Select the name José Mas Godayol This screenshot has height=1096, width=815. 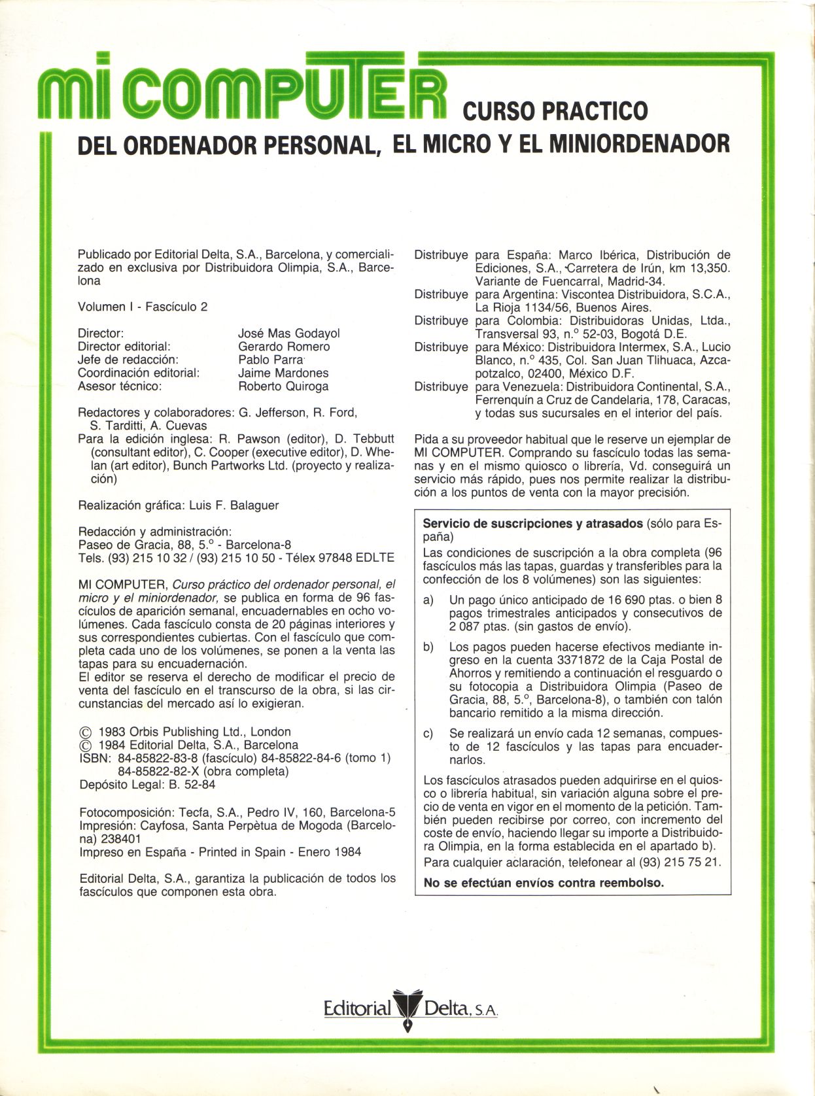288,334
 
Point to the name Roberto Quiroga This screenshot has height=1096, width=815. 283,386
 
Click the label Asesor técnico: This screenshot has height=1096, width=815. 120,386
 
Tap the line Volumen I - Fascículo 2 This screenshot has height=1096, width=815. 143,307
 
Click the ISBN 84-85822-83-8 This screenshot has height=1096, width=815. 158,759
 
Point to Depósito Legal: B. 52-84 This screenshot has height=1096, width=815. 147,785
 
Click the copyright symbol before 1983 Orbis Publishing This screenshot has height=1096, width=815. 84,732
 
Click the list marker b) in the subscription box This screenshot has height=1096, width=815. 428,647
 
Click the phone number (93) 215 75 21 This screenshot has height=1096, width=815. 678,863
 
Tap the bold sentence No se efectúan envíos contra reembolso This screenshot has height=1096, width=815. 544,883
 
